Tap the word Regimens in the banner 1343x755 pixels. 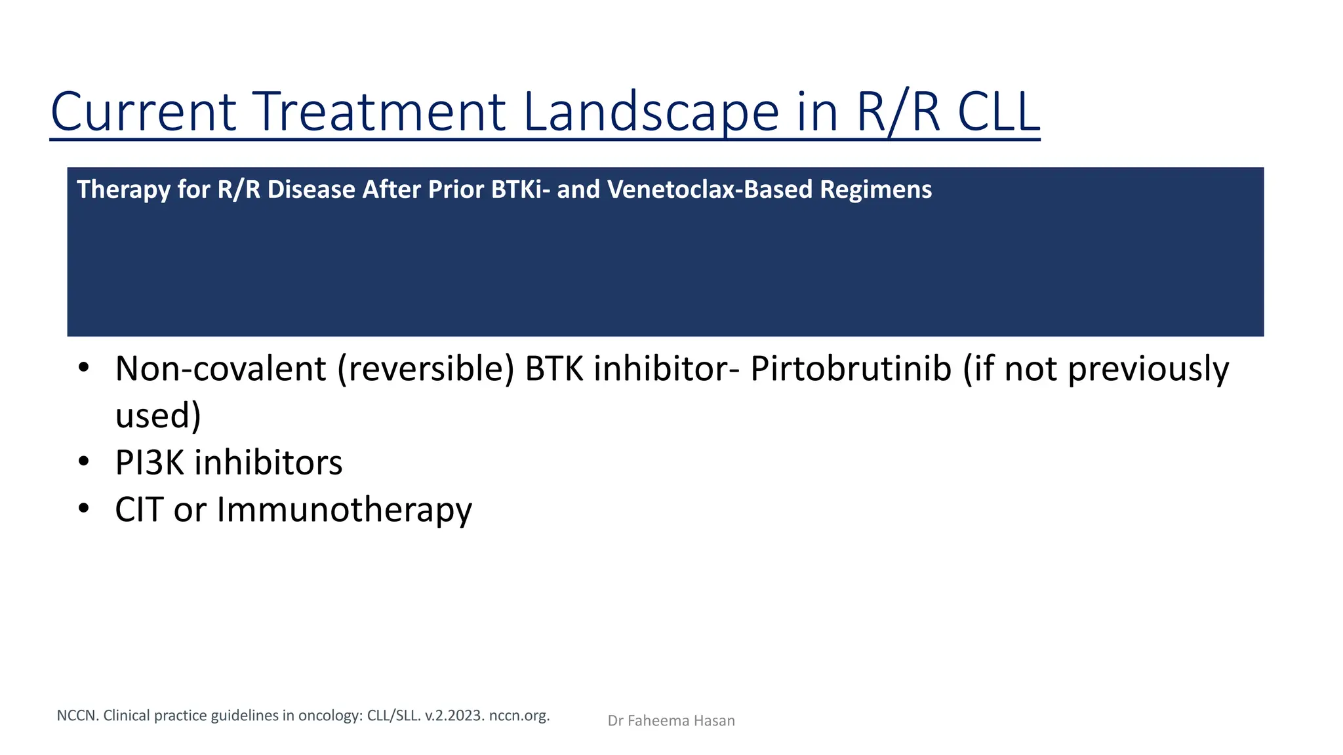click(x=875, y=189)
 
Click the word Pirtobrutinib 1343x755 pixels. click(x=851, y=368)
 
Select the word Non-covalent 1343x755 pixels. click(x=220, y=368)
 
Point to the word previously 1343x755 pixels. click(x=1148, y=368)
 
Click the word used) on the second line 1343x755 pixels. click(x=158, y=416)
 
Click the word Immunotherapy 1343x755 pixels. click(x=344, y=510)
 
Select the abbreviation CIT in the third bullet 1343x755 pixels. click(x=139, y=510)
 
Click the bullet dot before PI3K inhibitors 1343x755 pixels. click(x=83, y=462)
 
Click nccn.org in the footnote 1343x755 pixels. click(x=519, y=715)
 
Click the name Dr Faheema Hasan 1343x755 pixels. click(x=671, y=721)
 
